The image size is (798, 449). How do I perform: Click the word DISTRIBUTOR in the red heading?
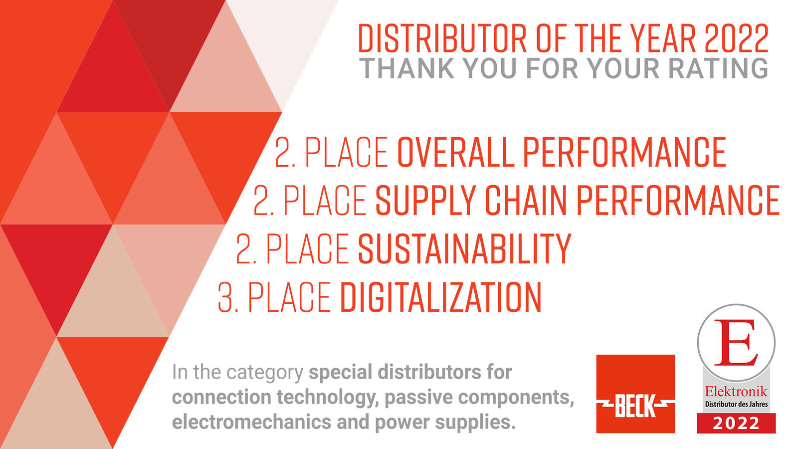click(442, 38)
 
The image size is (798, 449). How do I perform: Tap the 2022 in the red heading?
click(736, 38)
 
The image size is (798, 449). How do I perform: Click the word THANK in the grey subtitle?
click(407, 68)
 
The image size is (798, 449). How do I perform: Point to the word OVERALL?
click(456, 152)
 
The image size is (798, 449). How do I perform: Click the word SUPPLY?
click(426, 200)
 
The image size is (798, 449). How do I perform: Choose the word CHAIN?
click(526, 200)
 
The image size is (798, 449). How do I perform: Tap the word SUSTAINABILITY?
click(464, 248)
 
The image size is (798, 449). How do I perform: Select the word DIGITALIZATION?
click(441, 297)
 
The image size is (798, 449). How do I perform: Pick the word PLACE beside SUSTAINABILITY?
click(308, 248)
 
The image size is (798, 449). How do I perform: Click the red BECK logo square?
click(635, 394)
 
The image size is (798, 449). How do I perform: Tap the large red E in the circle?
click(736, 342)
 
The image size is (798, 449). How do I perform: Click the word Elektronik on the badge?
click(736, 392)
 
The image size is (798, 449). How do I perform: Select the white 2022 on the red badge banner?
click(736, 424)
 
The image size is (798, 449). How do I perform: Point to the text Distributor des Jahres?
click(736, 404)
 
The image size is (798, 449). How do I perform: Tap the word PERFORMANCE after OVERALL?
click(624, 152)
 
